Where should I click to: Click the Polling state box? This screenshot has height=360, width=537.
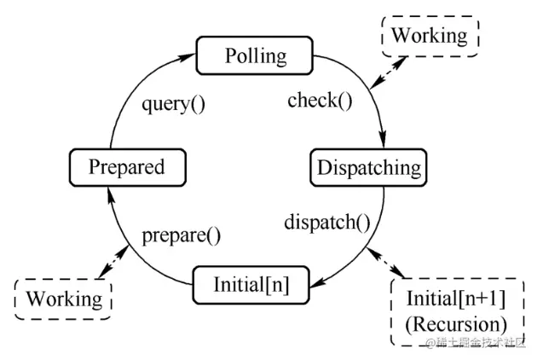click(255, 56)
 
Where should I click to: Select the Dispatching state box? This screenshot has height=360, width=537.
click(367, 166)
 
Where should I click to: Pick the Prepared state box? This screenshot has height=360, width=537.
click(126, 166)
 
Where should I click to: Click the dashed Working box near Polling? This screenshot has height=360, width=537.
click(429, 35)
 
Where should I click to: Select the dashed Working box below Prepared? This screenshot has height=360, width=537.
click(64, 299)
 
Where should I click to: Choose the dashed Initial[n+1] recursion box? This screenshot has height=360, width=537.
click(456, 311)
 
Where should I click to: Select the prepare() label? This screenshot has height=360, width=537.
click(180, 234)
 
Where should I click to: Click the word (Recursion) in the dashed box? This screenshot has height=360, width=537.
click(456, 324)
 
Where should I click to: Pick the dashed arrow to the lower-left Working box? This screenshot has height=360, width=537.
click(115, 259)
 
